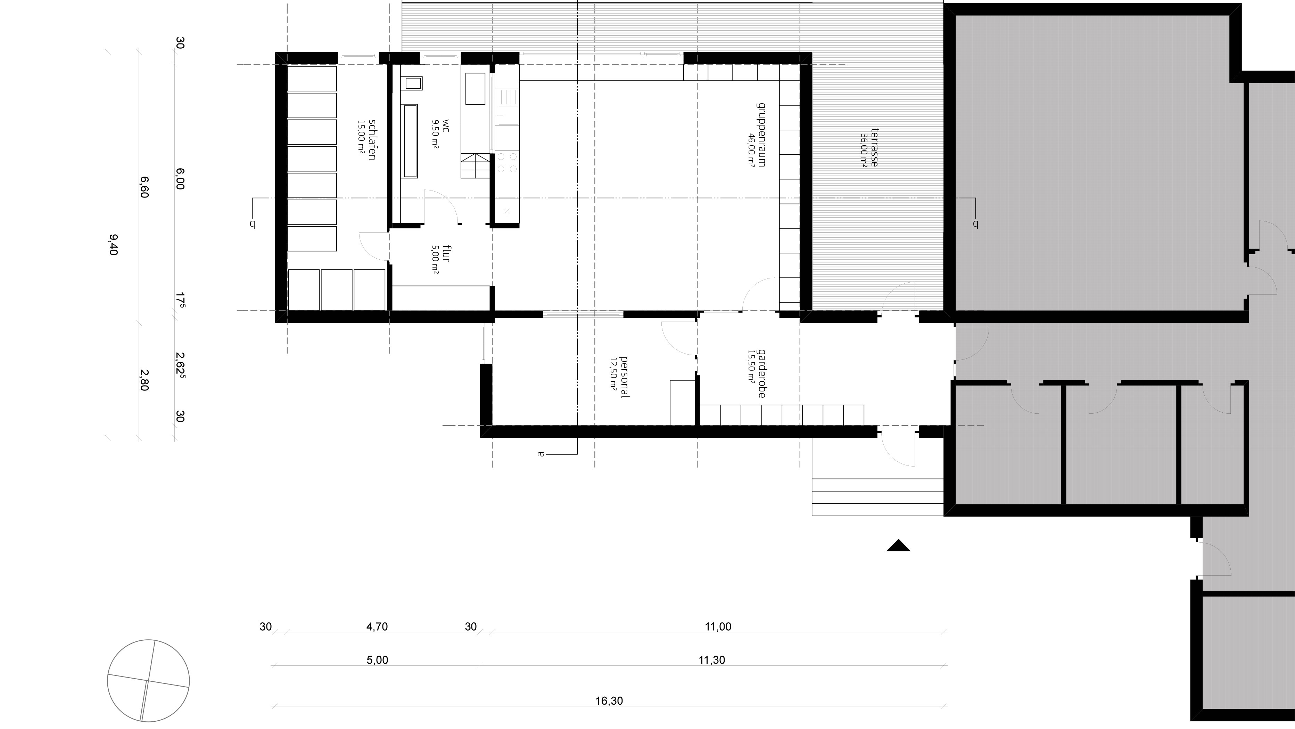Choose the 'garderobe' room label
pyautogui.click(x=762, y=374)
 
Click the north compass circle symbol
pyautogui.click(x=148, y=681)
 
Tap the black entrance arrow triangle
pyautogui.click(x=898, y=545)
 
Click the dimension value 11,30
pyautogui.click(x=712, y=660)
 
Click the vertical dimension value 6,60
pyautogui.click(x=144, y=187)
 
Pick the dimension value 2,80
pyautogui.click(x=144, y=380)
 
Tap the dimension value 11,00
pyautogui.click(x=718, y=627)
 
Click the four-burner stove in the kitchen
pyautogui.click(x=507, y=163)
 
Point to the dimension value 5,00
pyautogui.click(x=378, y=660)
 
